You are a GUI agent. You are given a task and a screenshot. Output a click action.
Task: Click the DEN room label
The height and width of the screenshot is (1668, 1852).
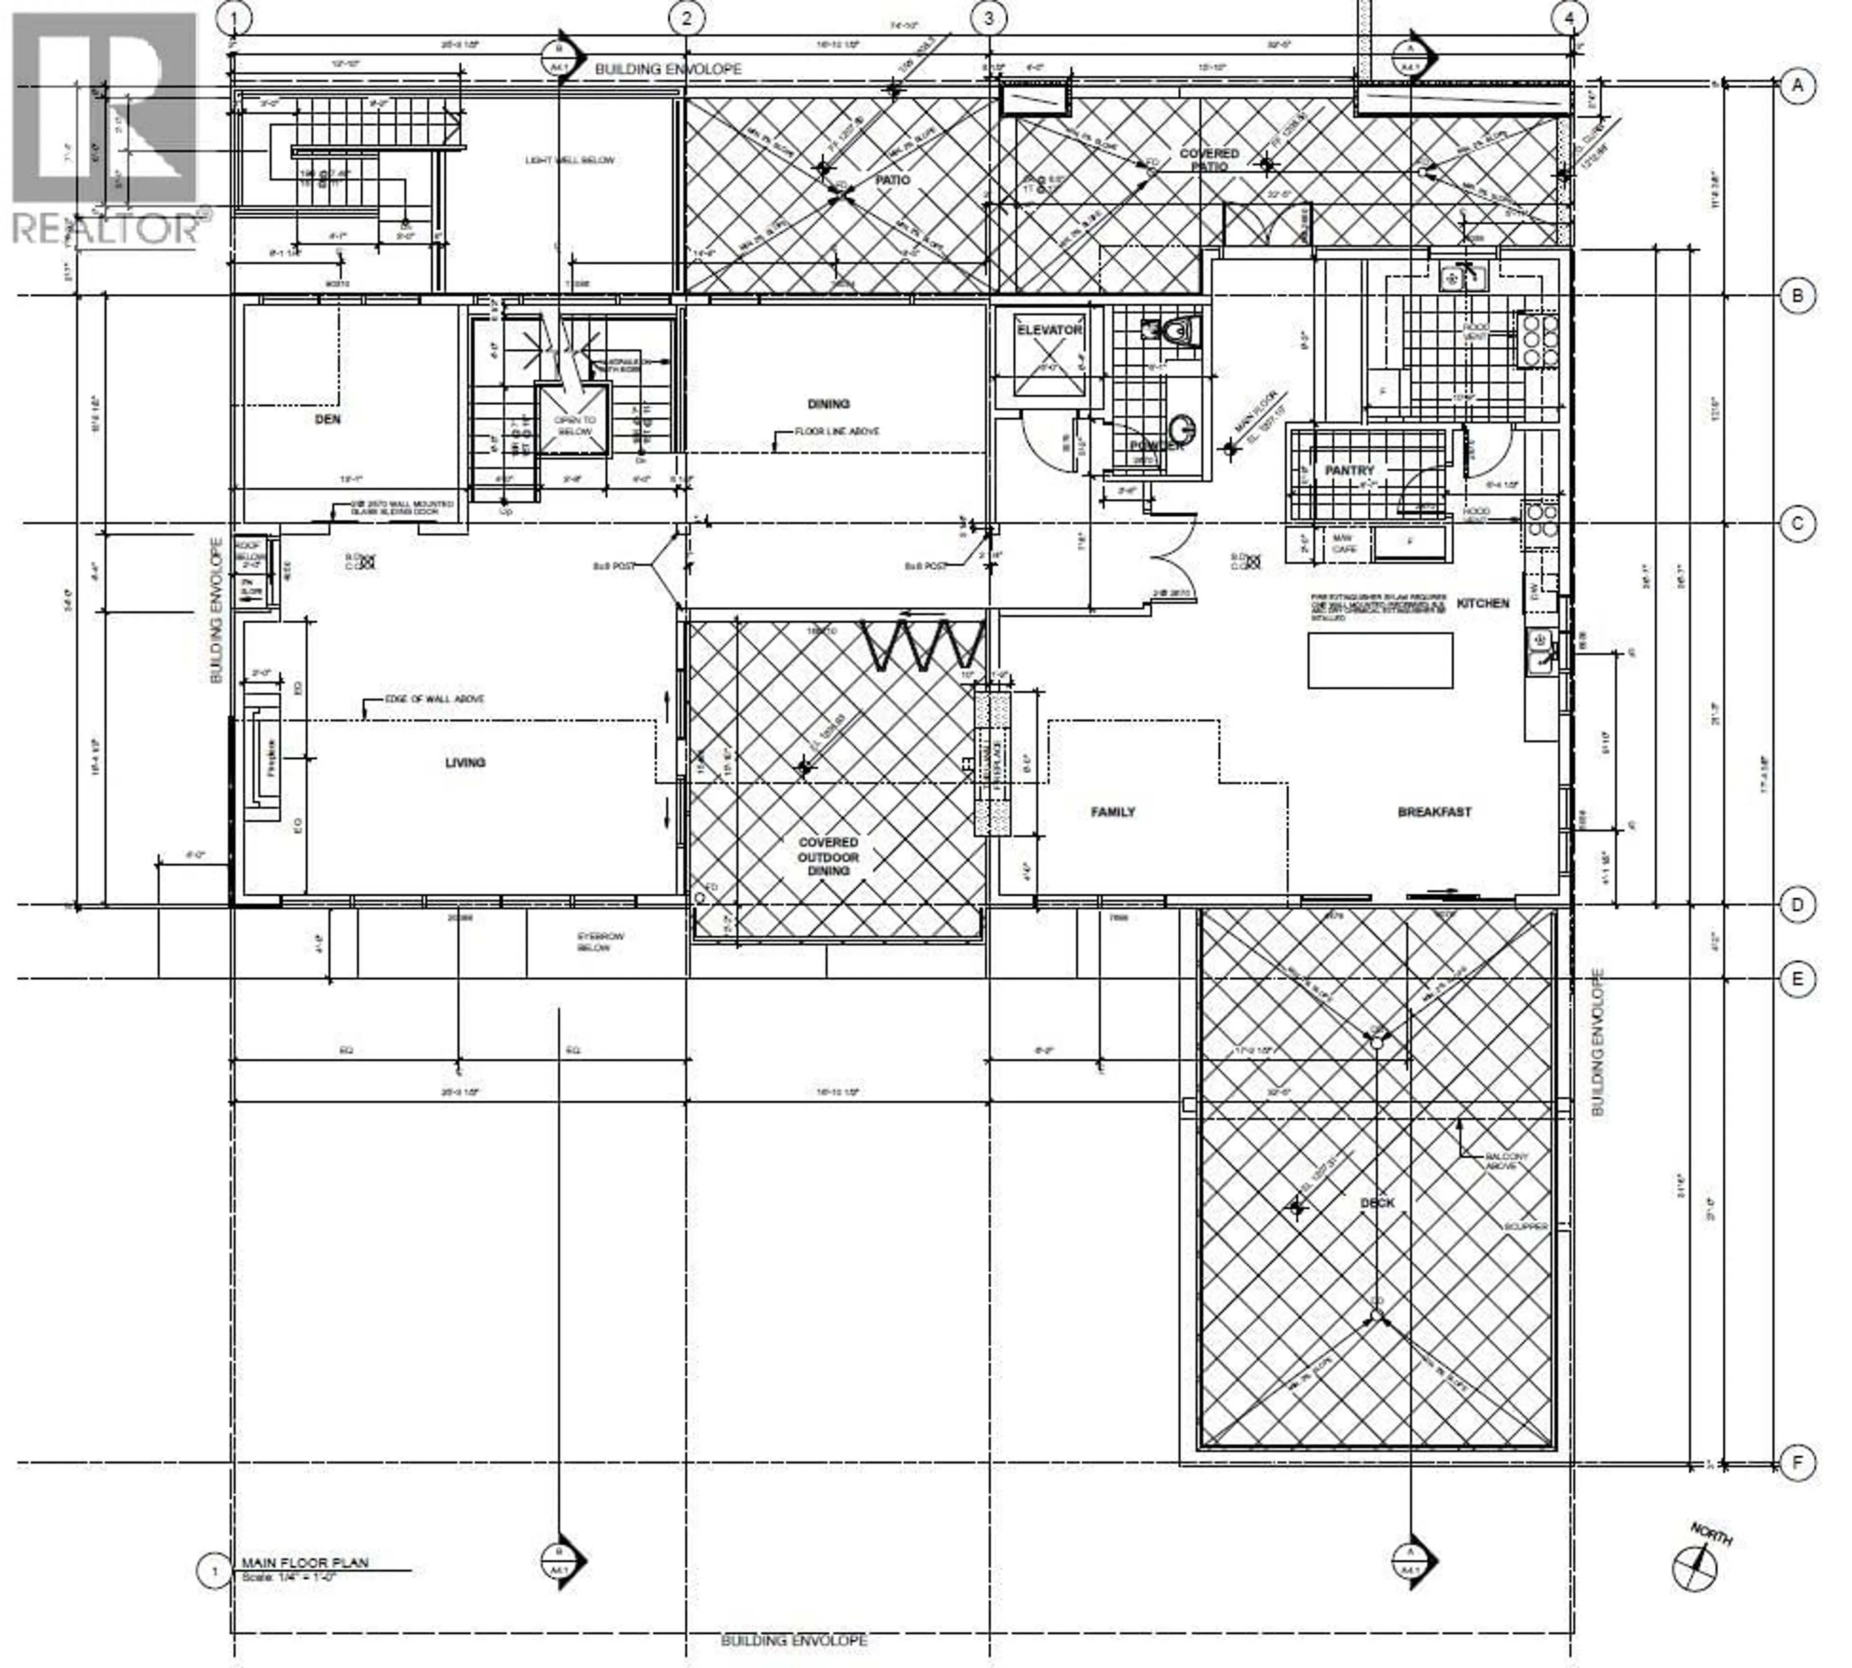click(x=327, y=420)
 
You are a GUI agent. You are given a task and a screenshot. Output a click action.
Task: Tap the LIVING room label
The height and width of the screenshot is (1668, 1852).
click(x=464, y=763)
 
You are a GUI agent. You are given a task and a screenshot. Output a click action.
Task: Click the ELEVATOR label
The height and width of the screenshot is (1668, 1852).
click(x=1049, y=330)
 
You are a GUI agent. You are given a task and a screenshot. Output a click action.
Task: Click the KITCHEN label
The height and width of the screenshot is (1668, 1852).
click(x=1482, y=603)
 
